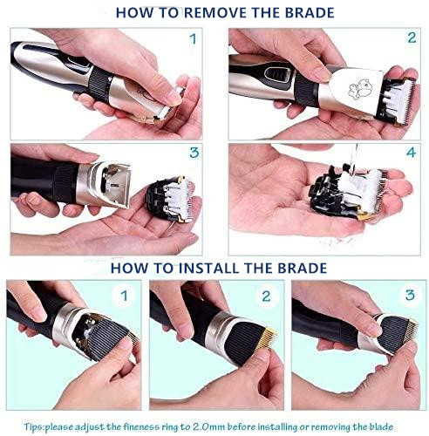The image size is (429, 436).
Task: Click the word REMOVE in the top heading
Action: point(216,13)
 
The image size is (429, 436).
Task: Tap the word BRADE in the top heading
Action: point(310,13)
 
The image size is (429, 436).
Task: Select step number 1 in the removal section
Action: point(193,39)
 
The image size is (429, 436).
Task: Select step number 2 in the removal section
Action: point(412,37)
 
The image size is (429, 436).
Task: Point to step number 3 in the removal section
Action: point(194,153)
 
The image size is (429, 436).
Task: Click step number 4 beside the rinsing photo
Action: point(412,153)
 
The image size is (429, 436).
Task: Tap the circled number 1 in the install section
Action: point(125,296)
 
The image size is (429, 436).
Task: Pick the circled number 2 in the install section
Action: point(266,296)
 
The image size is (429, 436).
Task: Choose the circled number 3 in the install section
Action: point(410,295)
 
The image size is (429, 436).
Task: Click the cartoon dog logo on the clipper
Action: point(361,88)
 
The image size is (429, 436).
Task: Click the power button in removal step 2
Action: point(278,74)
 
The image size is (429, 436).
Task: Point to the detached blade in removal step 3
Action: point(170,199)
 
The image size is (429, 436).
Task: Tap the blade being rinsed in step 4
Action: point(348,193)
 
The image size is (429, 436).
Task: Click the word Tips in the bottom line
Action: point(33,427)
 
